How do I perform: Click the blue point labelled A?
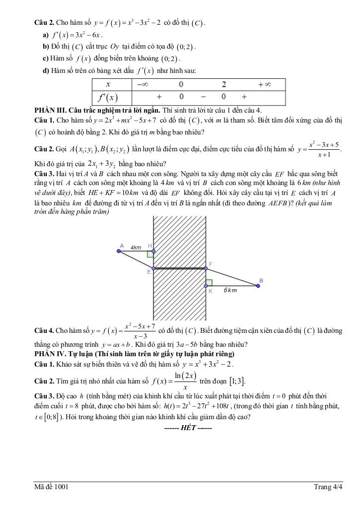pyautogui.click(x=119, y=251)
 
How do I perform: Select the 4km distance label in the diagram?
pyautogui.click(x=136, y=247)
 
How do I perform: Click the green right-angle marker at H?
pyautogui.click(x=150, y=254)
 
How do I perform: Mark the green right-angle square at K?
pyautogui.click(x=209, y=282)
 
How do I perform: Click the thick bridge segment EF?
pyautogui.click(x=179, y=268)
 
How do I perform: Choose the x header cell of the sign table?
pyautogui.click(x=108, y=84)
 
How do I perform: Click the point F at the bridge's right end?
pyautogui.click(x=206, y=268)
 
